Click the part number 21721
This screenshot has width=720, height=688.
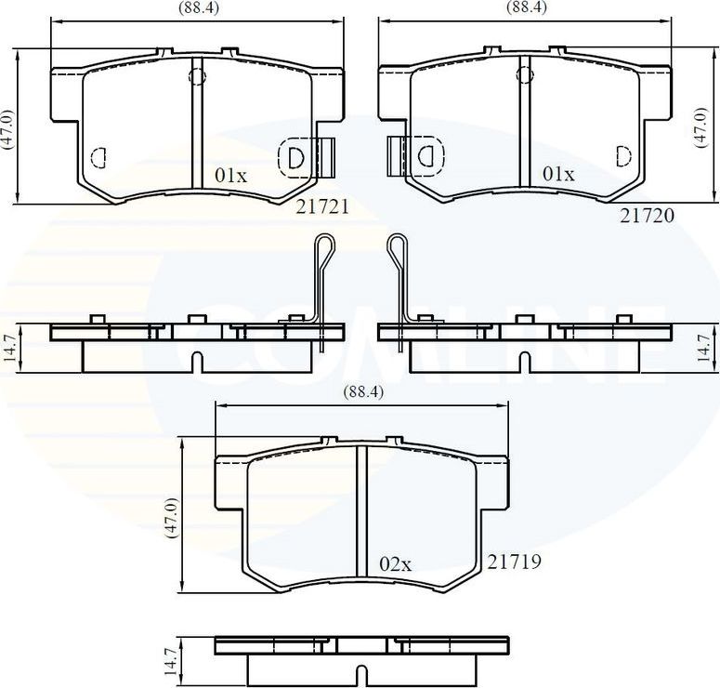pyautogui.click(x=322, y=207)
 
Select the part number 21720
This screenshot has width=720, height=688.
pyautogui.click(x=647, y=215)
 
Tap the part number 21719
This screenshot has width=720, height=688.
pyautogui.click(x=515, y=562)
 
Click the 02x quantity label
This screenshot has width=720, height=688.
pyautogui.click(x=395, y=563)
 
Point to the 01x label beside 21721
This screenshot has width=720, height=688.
pyautogui.click(x=231, y=174)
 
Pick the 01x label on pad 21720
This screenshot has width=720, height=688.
pyautogui.click(x=558, y=174)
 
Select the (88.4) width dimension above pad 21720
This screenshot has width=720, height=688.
pyautogui.click(x=526, y=7)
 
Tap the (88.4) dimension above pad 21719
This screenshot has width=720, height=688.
pyautogui.click(x=363, y=392)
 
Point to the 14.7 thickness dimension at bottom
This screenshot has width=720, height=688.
pyautogui.click(x=169, y=661)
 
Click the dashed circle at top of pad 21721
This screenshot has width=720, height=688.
pyautogui.click(x=197, y=74)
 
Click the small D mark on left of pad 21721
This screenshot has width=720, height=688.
pyautogui.click(x=99, y=157)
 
